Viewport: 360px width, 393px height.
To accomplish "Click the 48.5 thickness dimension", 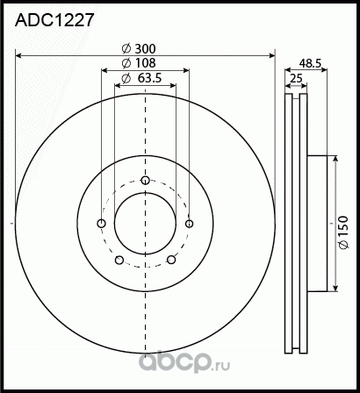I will tap(311, 63).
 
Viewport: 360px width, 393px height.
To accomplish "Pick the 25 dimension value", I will tap(297, 79).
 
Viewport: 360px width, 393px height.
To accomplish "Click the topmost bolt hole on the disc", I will tap(145, 181).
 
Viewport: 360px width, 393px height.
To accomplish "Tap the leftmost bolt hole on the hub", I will tap(101, 224).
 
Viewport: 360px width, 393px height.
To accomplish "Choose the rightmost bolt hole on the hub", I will tap(189, 224).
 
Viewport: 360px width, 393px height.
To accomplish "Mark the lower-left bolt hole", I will tap(119, 260).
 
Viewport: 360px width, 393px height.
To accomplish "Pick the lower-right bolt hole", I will tap(171, 260).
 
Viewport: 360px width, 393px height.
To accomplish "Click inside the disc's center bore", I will tap(145, 224).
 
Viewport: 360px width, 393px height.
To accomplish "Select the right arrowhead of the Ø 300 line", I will tap(271, 56).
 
